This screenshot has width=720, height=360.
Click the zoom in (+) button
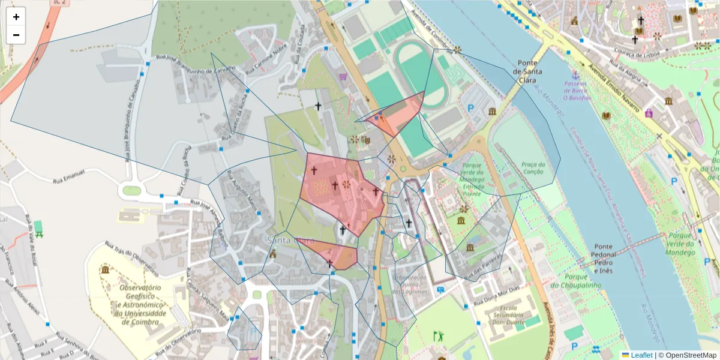coord(16,17)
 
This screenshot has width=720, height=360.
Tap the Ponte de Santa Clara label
coord(528,67)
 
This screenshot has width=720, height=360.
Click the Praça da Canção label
coord(533,169)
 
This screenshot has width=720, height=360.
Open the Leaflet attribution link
coord(641,355)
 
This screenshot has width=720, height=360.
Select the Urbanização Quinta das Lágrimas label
coord(410,284)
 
